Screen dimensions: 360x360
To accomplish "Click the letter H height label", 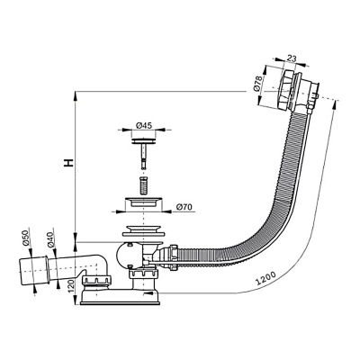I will [65, 164].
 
